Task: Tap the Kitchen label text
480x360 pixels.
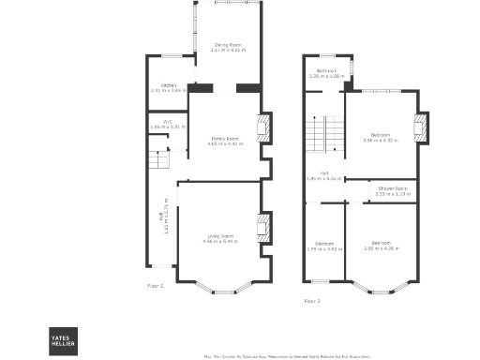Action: (x=169, y=85)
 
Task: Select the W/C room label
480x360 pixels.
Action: (x=168, y=121)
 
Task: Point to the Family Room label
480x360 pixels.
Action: (x=226, y=139)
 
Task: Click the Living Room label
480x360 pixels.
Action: (x=221, y=235)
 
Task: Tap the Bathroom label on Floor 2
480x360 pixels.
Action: (x=326, y=70)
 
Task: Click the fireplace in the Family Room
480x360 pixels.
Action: (x=264, y=127)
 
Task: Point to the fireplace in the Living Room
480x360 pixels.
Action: (x=264, y=229)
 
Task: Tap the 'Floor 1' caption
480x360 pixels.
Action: (x=156, y=284)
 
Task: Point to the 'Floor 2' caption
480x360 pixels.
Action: (x=312, y=301)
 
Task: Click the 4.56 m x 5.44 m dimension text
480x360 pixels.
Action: (x=221, y=242)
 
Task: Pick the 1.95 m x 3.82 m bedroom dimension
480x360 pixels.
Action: (x=324, y=249)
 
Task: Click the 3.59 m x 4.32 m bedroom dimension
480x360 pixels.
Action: (x=380, y=140)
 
